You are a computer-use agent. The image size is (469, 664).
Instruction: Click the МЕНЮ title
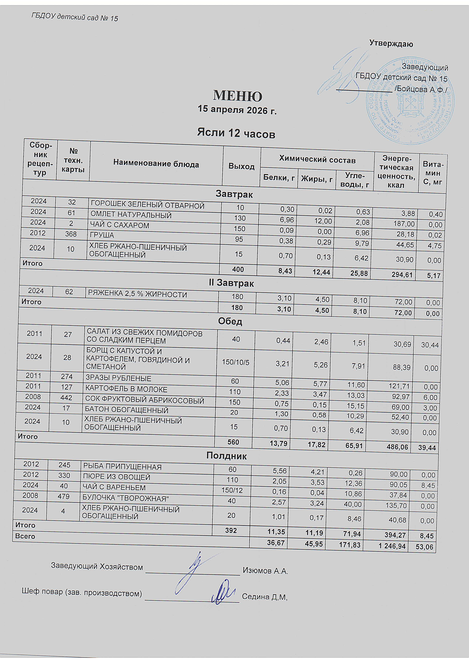tap(238, 96)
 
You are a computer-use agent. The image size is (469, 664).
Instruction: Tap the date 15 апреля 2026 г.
tap(237, 110)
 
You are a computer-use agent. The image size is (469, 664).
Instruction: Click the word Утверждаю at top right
tap(391, 44)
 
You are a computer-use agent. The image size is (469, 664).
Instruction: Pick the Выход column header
tap(241, 166)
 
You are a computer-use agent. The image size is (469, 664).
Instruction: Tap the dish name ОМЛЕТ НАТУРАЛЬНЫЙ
tap(131, 215)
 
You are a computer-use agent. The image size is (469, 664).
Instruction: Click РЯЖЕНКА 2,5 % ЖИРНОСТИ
tap(137, 294)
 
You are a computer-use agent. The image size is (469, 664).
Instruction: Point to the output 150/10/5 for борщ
tap(235, 362)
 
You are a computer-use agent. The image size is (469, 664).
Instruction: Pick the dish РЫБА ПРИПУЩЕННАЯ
tap(122, 467)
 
